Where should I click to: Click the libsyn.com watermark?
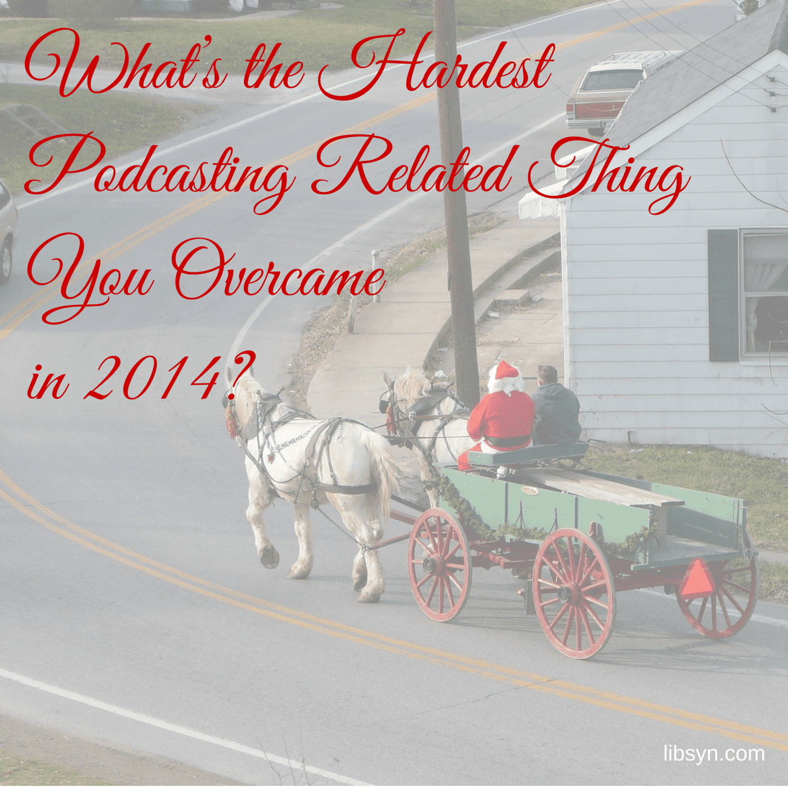point(714,753)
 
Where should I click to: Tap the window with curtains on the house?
point(764,292)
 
